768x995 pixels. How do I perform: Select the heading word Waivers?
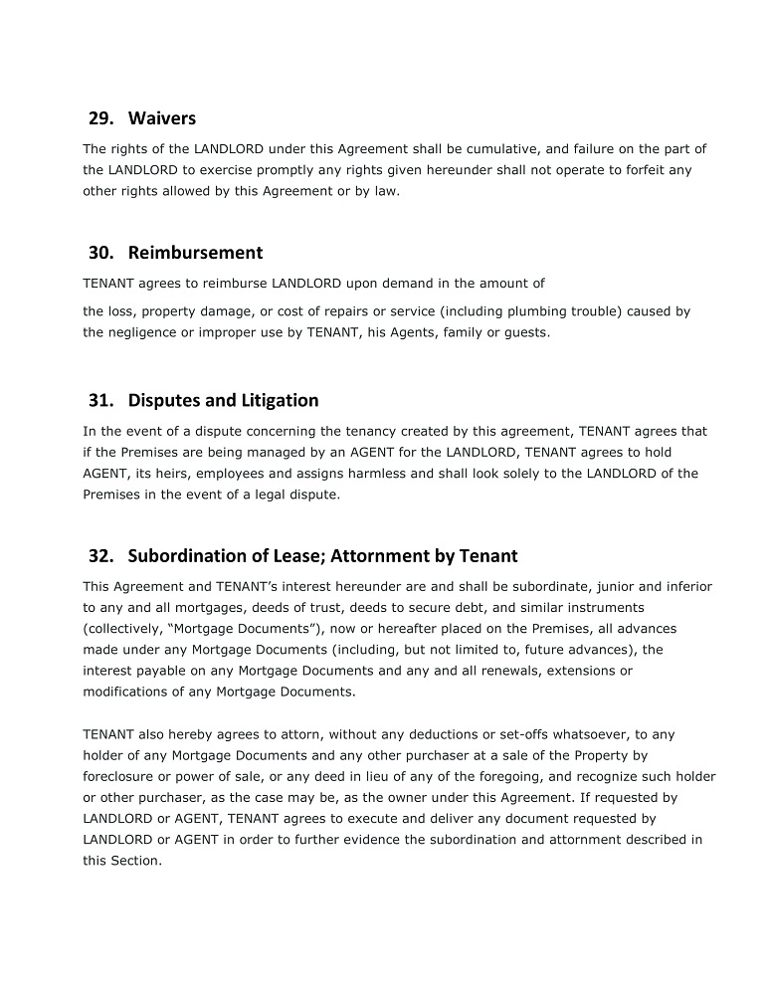pyautogui.click(x=162, y=118)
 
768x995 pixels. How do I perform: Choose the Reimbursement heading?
pyautogui.click(x=195, y=253)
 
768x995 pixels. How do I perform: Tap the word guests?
pyautogui.click(x=525, y=332)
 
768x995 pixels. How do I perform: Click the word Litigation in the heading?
pyautogui.click(x=280, y=401)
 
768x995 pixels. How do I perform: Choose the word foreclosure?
pyautogui.click(x=119, y=776)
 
